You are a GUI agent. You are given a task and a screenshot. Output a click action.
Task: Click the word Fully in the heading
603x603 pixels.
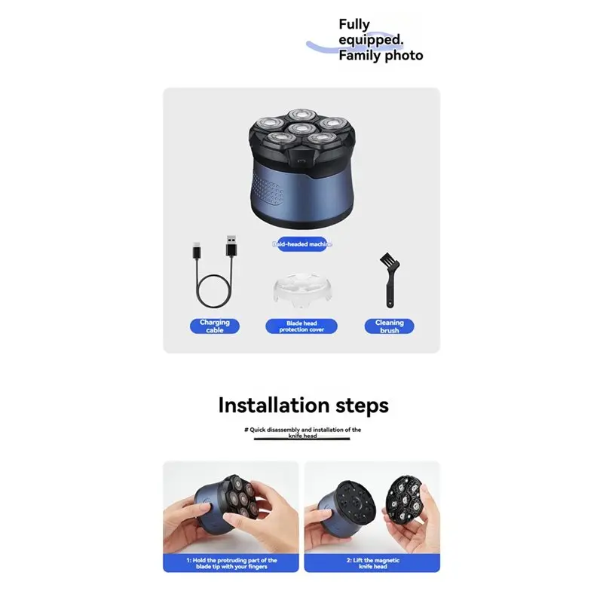coord(354,25)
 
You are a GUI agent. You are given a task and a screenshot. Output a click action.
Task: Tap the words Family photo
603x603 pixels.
coord(381,56)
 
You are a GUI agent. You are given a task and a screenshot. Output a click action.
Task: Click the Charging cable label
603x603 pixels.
coord(215,326)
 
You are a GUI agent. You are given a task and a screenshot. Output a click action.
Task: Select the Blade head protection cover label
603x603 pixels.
coord(301,326)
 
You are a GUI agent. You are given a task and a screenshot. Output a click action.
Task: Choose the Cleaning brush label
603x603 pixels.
coord(390,326)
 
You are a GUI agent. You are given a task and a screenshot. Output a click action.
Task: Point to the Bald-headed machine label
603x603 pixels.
coord(301,244)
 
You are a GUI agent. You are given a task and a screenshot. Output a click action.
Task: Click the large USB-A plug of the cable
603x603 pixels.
coord(231,249)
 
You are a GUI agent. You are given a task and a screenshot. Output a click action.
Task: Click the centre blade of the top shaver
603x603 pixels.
coord(301,129)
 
